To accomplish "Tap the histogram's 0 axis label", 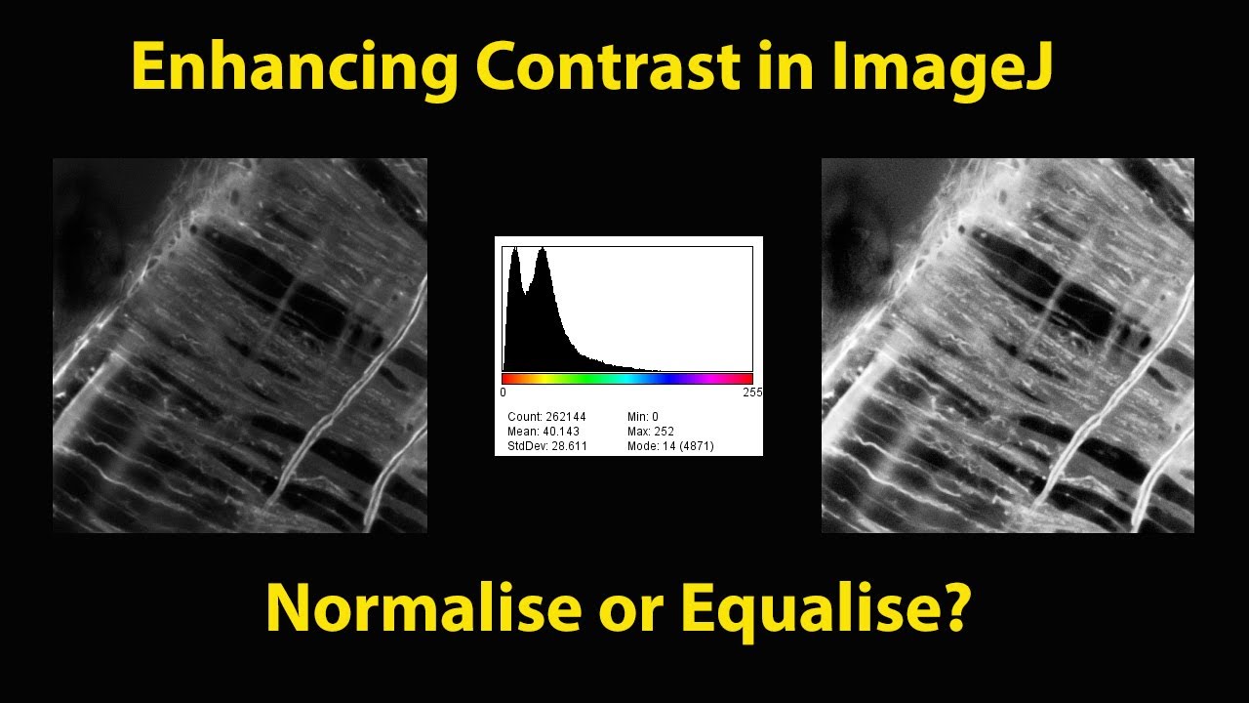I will (503, 393).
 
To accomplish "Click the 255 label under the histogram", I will (751, 393).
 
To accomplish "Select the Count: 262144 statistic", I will (546, 417).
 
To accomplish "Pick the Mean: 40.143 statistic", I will (543, 432).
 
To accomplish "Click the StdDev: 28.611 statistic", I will (546, 446).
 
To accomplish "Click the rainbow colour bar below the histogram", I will (627, 378).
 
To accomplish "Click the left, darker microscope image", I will (240, 346).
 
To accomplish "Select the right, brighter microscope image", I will (1008, 346).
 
